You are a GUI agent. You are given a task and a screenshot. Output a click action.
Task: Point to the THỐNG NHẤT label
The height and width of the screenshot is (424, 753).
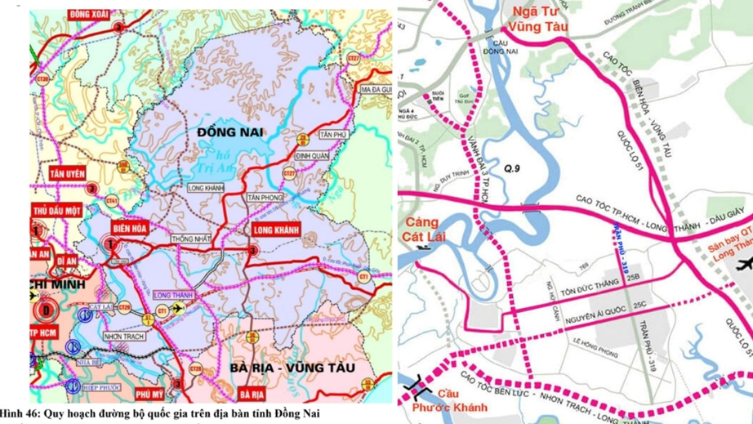coord(189,239)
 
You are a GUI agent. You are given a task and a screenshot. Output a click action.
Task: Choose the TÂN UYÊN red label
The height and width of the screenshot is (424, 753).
coord(68,174)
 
